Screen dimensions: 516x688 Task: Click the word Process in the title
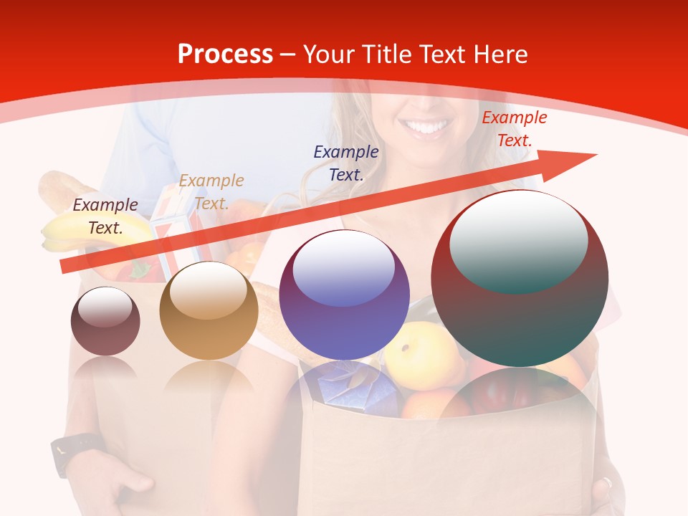pyautogui.click(x=225, y=54)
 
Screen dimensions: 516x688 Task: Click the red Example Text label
pyautogui.click(x=514, y=129)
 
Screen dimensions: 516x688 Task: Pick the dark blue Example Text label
pyautogui.click(x=346, y=163)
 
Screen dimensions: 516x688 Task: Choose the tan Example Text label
pyautogui.click(x=211, y=191)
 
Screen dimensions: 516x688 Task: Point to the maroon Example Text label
pyautogui.click(x=105, y=216)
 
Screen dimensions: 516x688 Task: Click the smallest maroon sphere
pyautogui.click(x=105, y=321)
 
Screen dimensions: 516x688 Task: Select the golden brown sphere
pyautogui.click(x=209, y=310)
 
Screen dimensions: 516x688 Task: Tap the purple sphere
pyautogui.click(x=344, y=295)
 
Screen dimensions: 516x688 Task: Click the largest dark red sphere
pyautogui.click(x=520, y=278)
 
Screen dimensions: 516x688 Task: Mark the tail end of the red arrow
pyautogui.click(x=64, y=266)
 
